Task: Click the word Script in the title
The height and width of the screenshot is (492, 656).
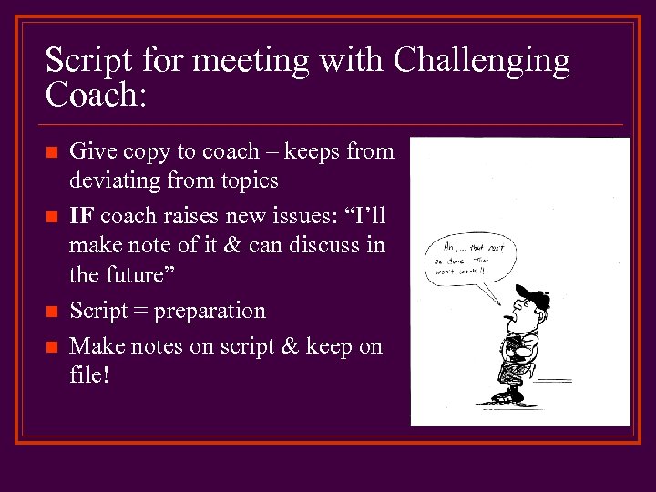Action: click(84, 62)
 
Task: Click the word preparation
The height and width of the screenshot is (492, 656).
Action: click(210, 312)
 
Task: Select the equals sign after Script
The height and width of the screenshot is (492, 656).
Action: click(139, 312)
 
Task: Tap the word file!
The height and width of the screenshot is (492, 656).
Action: click(89, 374)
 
